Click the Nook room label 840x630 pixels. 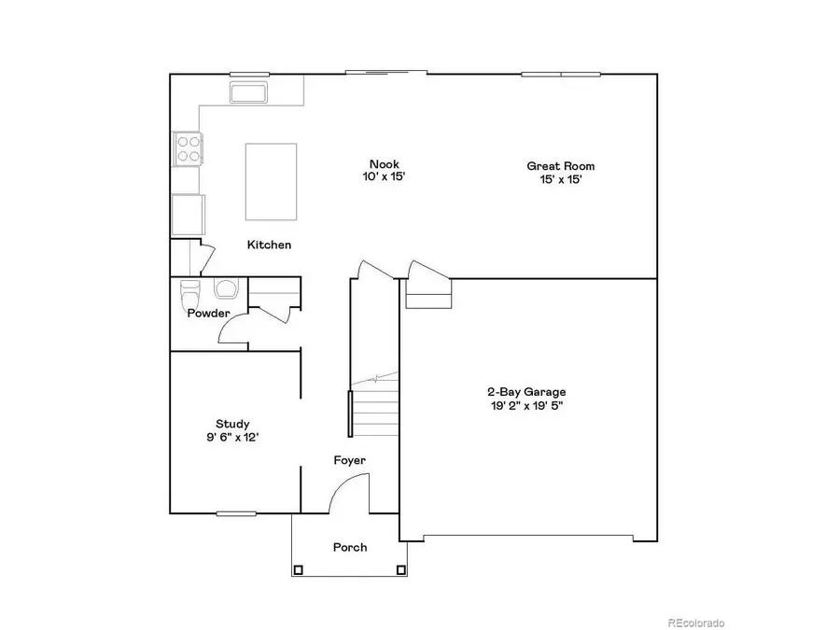point(384,164)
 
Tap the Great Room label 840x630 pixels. point(560,166)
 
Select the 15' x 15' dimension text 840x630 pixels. point(560,180)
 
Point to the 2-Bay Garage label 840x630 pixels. point(526,392)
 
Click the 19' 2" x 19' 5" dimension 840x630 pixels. point(526,406)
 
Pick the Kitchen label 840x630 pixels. point(269,245)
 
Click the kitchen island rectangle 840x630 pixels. point(271,181)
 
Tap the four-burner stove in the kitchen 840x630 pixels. point(188,148)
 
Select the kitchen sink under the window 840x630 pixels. point(248,93)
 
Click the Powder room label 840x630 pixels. point(208,314)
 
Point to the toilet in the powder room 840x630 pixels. point(190,289)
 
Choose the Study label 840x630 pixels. point(232,424)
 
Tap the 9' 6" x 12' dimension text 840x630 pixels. point(232,438)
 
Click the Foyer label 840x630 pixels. point(350,460)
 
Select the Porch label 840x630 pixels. point(350,547)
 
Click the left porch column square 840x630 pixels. point(299,569)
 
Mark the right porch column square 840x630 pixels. point(401,569)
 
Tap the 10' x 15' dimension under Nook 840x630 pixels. point(384,177)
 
